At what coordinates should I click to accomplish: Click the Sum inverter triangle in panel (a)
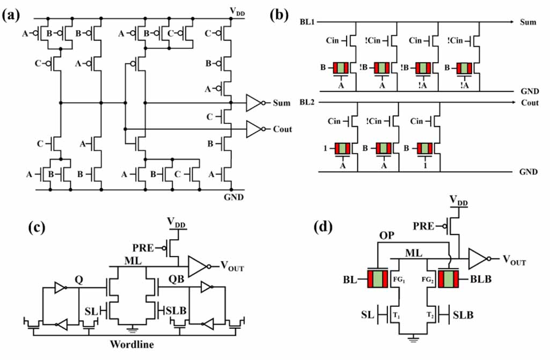(x=254, y=102)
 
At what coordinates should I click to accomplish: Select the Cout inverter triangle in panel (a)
(x=254, y=129)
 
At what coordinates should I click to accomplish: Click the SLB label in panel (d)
(x=463, y=314)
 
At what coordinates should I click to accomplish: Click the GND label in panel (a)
(x=234, y=197)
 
